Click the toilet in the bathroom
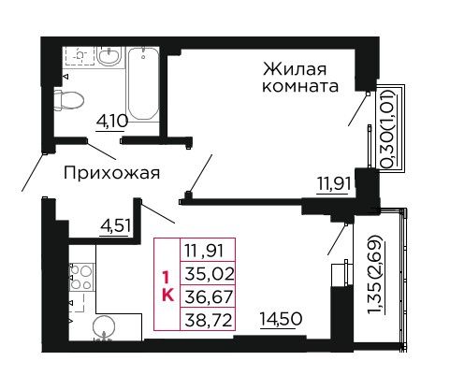tap(69, 100)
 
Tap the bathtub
tap(143, 83)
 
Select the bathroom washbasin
tap(109, 56)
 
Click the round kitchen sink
tap(104, 328)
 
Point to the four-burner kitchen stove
tap(81, 277)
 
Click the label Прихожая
tap(111, 173)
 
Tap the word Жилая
tap(295, 69)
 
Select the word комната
tap(300, 86)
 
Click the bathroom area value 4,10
tap(112, 121)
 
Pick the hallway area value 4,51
tap(115, 225)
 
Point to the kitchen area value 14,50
tap(281, 319)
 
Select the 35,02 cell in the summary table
tap(209, 274)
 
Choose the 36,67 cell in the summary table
tap(209, 296)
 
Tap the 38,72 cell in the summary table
tap(209, 320)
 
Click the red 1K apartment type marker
tap(167, 285)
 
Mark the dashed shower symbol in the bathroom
tap(80, 56)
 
